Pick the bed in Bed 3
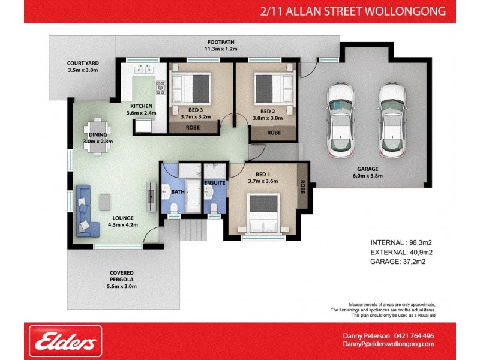[191, 90]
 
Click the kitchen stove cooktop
[160, 88]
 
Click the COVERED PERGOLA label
[122, 279]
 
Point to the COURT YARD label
[83, 67]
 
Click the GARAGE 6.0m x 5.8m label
[367, 172]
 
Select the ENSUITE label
[214, 181]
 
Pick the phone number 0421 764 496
[414, 336]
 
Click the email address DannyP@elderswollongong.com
[388, 344]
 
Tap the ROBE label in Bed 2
[274, 133]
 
